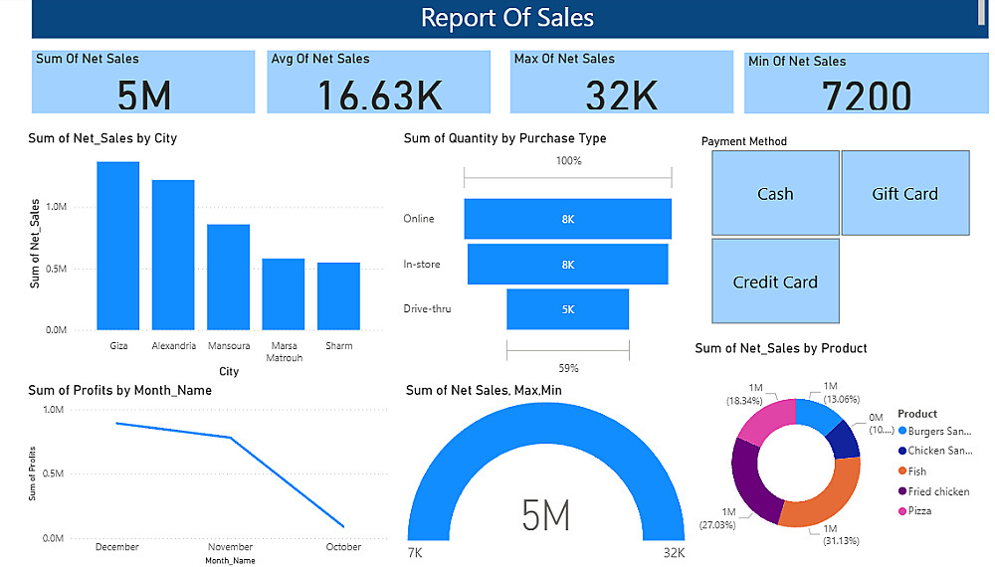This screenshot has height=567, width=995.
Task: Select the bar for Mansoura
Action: [228, 277]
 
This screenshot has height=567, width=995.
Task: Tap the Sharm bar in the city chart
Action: [338, 295]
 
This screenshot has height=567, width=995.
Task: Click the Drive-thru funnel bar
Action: [567, 309]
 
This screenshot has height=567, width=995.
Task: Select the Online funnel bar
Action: [567, 219]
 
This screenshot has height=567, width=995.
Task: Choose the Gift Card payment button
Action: [904, 193]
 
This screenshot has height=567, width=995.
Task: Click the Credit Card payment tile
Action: [775, 282]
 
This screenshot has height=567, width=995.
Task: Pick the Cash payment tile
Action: [775, 193]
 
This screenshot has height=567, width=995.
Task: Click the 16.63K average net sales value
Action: [379, 94]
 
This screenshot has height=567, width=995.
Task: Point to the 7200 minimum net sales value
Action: [867, 96]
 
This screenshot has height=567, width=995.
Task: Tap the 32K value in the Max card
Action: [622, 94]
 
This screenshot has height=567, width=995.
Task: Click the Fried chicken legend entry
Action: [938, 491]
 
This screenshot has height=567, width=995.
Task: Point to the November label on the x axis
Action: [231, 547]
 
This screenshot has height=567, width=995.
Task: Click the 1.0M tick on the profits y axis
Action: [53, 410]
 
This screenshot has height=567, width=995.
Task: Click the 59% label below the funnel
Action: [567, 368]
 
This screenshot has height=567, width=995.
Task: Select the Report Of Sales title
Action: [506, 18]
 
